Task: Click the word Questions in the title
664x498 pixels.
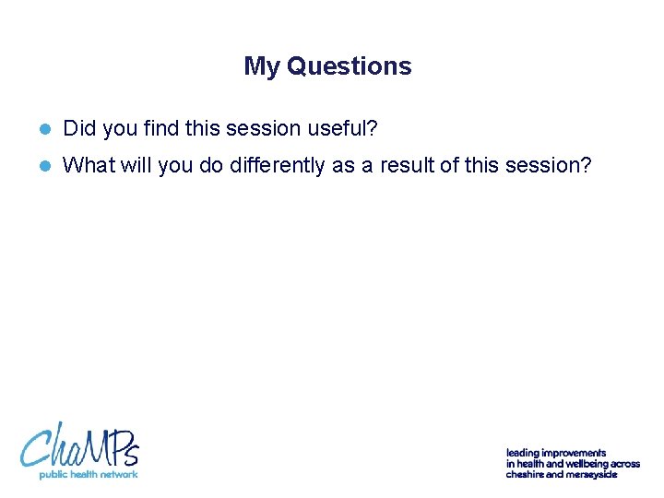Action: coord(350,66)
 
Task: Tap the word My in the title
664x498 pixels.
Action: coord(262,66)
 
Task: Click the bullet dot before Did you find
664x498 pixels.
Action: coord(43,129)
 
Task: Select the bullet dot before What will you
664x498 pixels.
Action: coord(43,166)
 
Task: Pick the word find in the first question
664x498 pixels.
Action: coord(162,128)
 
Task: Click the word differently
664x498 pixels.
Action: coord(276,165)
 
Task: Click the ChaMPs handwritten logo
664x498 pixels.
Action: coord(79,445)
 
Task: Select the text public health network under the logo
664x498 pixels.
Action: coord(88,474)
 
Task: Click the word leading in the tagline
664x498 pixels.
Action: coord(522,453)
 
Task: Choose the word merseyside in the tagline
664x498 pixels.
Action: coord(590,474)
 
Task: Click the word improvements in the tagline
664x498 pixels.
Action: coord(574,453)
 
